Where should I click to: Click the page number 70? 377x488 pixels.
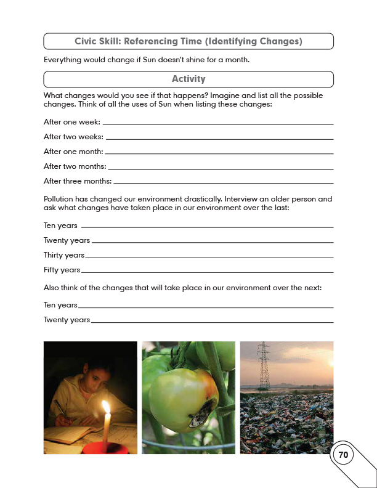click(343, 455)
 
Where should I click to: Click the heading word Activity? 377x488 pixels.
click(188, 79)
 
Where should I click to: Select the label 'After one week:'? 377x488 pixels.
click(72, 122)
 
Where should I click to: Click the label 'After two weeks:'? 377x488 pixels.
click(73, 137)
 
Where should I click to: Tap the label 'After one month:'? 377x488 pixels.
click(73, 152)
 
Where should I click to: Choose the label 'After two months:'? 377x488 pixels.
click(75, 166)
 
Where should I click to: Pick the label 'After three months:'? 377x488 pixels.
click(78, 181)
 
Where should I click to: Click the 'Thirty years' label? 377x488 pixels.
click(63, 255)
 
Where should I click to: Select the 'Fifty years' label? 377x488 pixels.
click(62, 270)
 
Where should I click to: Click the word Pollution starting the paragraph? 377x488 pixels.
click(60, 199)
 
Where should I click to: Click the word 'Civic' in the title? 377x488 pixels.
click(87, 41)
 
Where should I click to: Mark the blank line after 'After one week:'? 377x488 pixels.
click(218, 124)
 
